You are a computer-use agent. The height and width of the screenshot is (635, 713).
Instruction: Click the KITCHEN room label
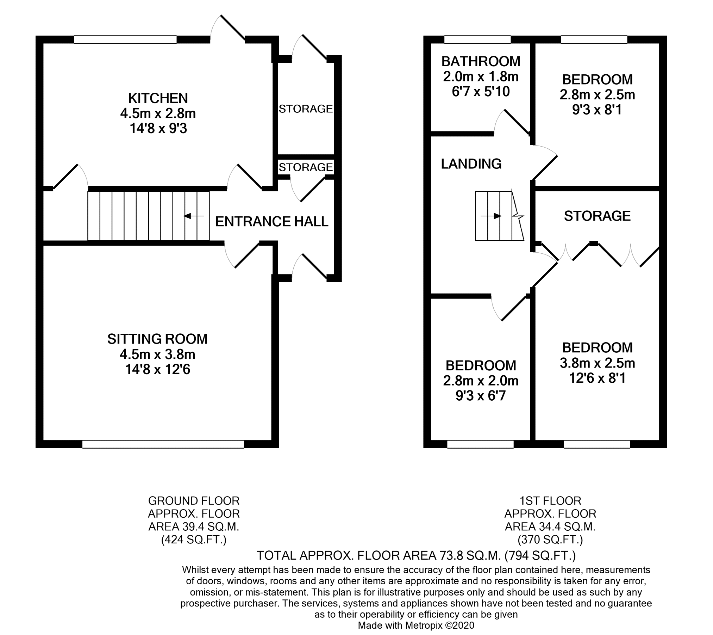(158, 98)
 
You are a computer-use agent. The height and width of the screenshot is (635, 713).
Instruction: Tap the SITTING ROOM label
(157, 339)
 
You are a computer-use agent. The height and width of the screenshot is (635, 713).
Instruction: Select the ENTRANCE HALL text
(272, 221)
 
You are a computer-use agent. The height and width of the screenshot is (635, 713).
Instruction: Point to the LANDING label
(471, 164)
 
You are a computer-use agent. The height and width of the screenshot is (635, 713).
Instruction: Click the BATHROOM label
(481, 61)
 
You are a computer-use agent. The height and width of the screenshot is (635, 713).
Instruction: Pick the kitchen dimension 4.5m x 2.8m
(158, 113)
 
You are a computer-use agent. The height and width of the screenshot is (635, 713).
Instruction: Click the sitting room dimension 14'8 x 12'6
(158, 369)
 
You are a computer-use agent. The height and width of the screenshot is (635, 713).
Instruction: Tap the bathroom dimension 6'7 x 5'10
(481, 92)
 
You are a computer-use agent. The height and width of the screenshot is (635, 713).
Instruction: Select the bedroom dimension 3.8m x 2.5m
(598, 363)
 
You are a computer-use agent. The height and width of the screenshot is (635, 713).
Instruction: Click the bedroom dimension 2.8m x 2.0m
(481, 381)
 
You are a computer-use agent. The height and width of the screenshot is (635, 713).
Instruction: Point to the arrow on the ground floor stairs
(194, 216)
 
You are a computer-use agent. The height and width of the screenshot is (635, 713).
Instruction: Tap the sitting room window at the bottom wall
(163, 444)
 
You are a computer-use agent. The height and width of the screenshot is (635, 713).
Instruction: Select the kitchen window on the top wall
(125, 39)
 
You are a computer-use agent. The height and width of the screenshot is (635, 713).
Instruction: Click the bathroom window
(477, 39)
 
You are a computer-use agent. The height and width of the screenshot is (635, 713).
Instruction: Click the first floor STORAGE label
(597, 216)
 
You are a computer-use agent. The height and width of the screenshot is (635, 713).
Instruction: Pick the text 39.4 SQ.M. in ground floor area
(211, 527)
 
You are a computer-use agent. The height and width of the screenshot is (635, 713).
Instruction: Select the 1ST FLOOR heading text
(550, 501)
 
